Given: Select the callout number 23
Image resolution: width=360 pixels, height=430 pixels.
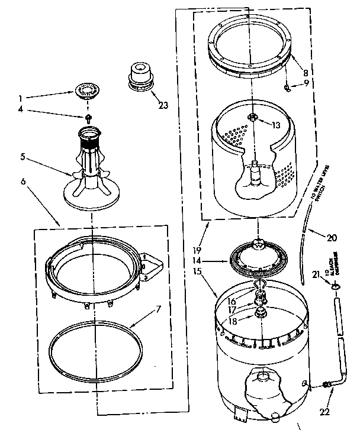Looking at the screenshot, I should coord(163,105).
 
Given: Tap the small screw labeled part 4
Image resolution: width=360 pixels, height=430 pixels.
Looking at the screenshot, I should coord(89,118).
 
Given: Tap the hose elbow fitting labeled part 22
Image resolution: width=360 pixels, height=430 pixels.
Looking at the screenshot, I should coord(327,385).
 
